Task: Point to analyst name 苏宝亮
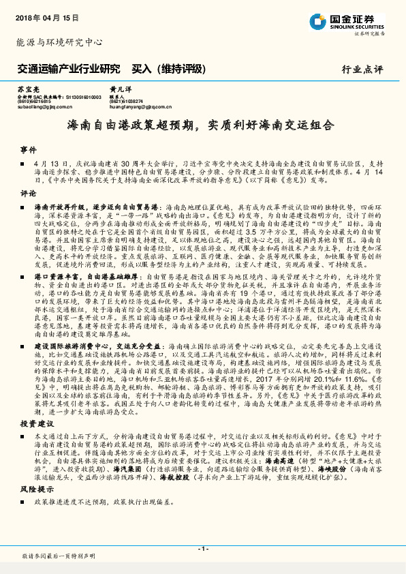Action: click(x=28, y=89)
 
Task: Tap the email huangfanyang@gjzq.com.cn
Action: click(x=140, y=107)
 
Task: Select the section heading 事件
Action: click(x=27, y=149)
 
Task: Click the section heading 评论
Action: click(x=27, y=193)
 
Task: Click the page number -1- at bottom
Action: click(x=202, y=547)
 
